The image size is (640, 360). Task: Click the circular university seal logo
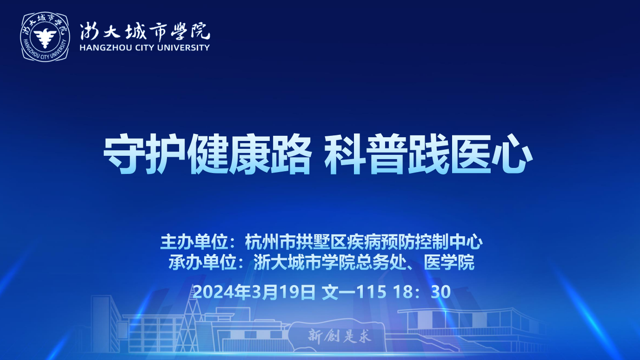[x=45, y=37]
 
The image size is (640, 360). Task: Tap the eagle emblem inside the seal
[x=45, y=37]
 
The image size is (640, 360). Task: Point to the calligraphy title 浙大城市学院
[x=145, y=32]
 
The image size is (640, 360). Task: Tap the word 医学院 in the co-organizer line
[x=449, y=262]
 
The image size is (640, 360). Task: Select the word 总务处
[x=381, y=262]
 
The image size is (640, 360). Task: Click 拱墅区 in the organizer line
[x=321, y=242]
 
